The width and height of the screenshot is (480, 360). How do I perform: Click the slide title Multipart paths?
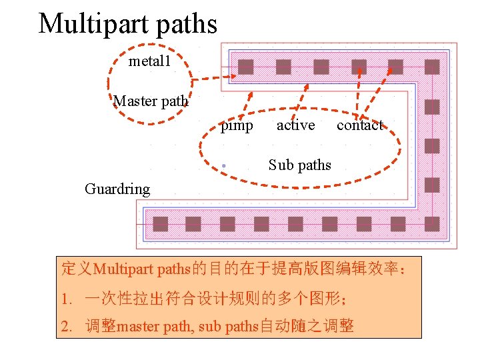click(x=128, y=24)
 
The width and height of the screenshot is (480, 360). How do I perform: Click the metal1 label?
click(x=150, y=62)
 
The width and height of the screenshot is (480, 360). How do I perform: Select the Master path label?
click(x=151, y=101)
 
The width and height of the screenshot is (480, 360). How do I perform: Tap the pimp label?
click(x=237, y=125)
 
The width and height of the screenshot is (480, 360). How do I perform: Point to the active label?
click(x=295, y=125)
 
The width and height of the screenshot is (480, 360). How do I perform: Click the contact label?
click(x=360, y=125)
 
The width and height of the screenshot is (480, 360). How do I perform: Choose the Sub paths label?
click(x=299, y=165)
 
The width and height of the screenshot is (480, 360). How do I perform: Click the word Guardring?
click(x=117, y=189)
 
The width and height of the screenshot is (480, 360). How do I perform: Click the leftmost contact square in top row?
click(x=246, y=67)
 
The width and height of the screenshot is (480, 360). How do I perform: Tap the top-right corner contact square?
click(x=432, y=67)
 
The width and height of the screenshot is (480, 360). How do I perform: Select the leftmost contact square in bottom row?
click(x=161, y=224)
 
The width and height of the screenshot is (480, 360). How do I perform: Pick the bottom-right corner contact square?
click(x=432, y=224)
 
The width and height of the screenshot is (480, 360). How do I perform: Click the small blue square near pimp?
click(x=225, y=164)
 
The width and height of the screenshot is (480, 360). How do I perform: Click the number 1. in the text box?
click(x=66, y=299)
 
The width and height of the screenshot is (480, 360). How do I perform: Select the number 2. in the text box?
click(x=66, y=327)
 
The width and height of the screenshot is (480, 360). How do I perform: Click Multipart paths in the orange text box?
click(x=142, y=270)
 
